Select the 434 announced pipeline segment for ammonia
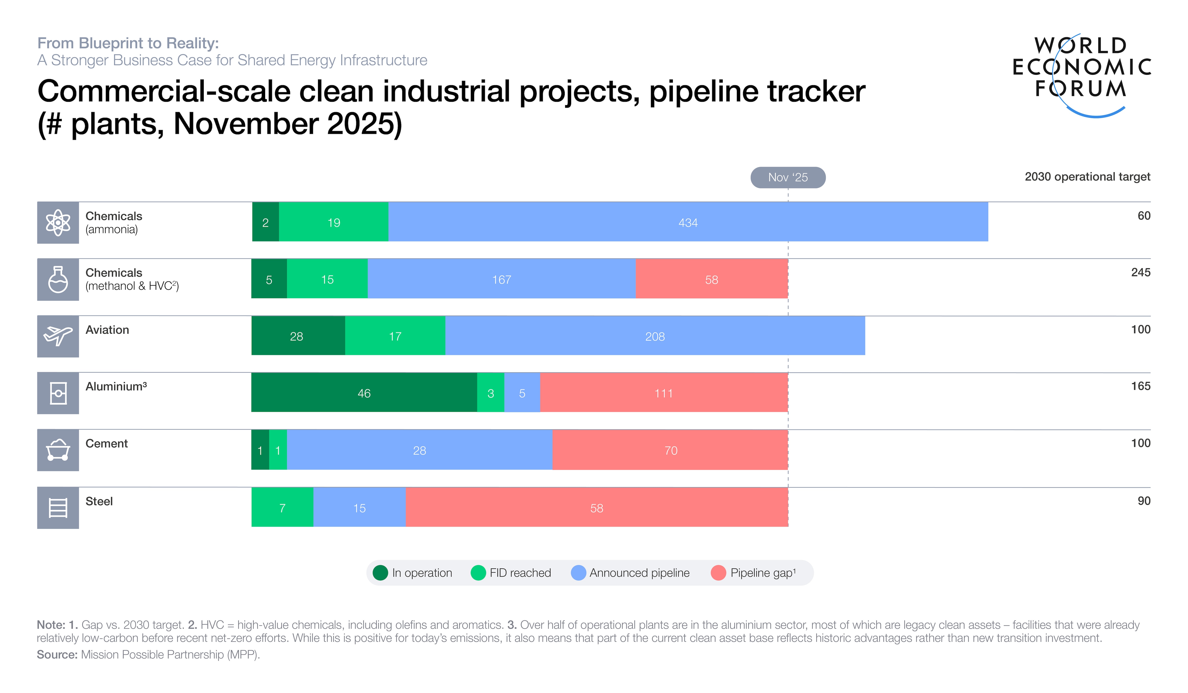pyautogui.click(x=688, y=222)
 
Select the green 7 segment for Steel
pyautogui.click(x=282, y=508)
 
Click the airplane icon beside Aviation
pyautogui.click(x=58, y=336)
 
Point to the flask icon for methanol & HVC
pyautogui.click(x=58, y=279)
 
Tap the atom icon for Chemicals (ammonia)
pyautogui.click(x=58, y=222)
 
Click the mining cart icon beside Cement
pyautogui.click(x=58, y=450)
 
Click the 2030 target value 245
pyautogui.click(x=1140, y=272)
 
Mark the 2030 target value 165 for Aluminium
pyautogui.click(x=1140, y=386)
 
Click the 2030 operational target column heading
pyautogui.click(x=1087, y=177)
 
